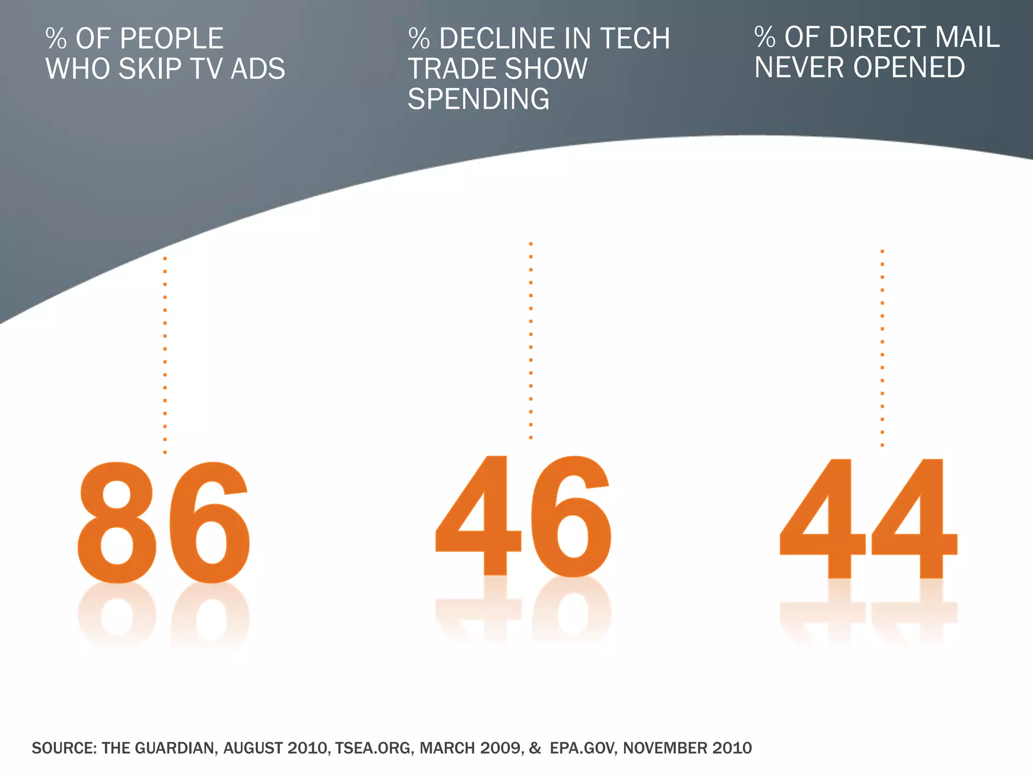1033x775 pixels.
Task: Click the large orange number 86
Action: point(163,522)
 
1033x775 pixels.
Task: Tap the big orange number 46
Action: point(523,516)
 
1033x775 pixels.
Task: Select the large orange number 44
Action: point(868,519)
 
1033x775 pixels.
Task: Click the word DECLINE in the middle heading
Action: point(497,38)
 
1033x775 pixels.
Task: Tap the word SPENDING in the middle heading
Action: point(478,98)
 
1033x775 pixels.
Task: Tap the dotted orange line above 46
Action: point(531,341)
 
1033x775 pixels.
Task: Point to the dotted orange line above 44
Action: point(882,348)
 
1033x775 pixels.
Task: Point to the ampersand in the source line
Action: point(535,748)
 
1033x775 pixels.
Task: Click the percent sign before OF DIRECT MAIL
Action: point(765,37)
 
